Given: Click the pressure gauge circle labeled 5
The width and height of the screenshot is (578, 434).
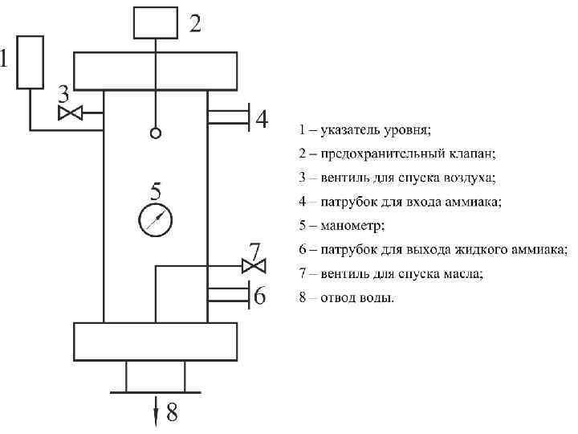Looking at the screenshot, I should (x=156, y=219).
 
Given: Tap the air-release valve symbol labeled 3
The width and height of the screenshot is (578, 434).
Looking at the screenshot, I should (x=71, y=113).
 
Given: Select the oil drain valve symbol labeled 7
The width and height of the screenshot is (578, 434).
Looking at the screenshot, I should (x=254, y=265).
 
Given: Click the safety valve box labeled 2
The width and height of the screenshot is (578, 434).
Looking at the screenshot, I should (x=155, y=22).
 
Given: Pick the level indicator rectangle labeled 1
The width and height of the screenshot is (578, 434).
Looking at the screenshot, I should (x=30, y=62).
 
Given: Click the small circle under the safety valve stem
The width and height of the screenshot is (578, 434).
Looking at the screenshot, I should (x=156, y=133).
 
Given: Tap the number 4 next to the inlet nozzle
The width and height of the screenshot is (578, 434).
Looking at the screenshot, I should (x=262, y=120).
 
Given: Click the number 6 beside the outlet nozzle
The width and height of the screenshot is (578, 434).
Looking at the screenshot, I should (x=259, y=296).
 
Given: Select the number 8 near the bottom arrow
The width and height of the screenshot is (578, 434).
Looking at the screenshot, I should (x=173, y=414).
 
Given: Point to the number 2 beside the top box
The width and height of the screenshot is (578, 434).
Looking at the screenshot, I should (x=195, y=23).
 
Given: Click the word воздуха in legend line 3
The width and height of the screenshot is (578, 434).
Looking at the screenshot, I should (x=471, y=177).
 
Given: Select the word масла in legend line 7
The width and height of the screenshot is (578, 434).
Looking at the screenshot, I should (x=465, y=273).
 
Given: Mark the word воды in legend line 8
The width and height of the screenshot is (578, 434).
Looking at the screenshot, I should (x=379, y=297).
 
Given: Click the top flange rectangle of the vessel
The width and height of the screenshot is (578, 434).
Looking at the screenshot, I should (x=155, y=71).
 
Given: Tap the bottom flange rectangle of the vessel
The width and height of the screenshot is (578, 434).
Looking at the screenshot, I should (x=155, y=342).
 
